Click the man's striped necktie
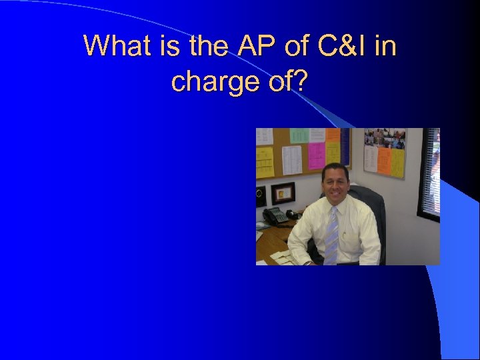331,237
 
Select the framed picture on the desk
283,193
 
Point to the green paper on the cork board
299,135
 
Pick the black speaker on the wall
260,195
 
